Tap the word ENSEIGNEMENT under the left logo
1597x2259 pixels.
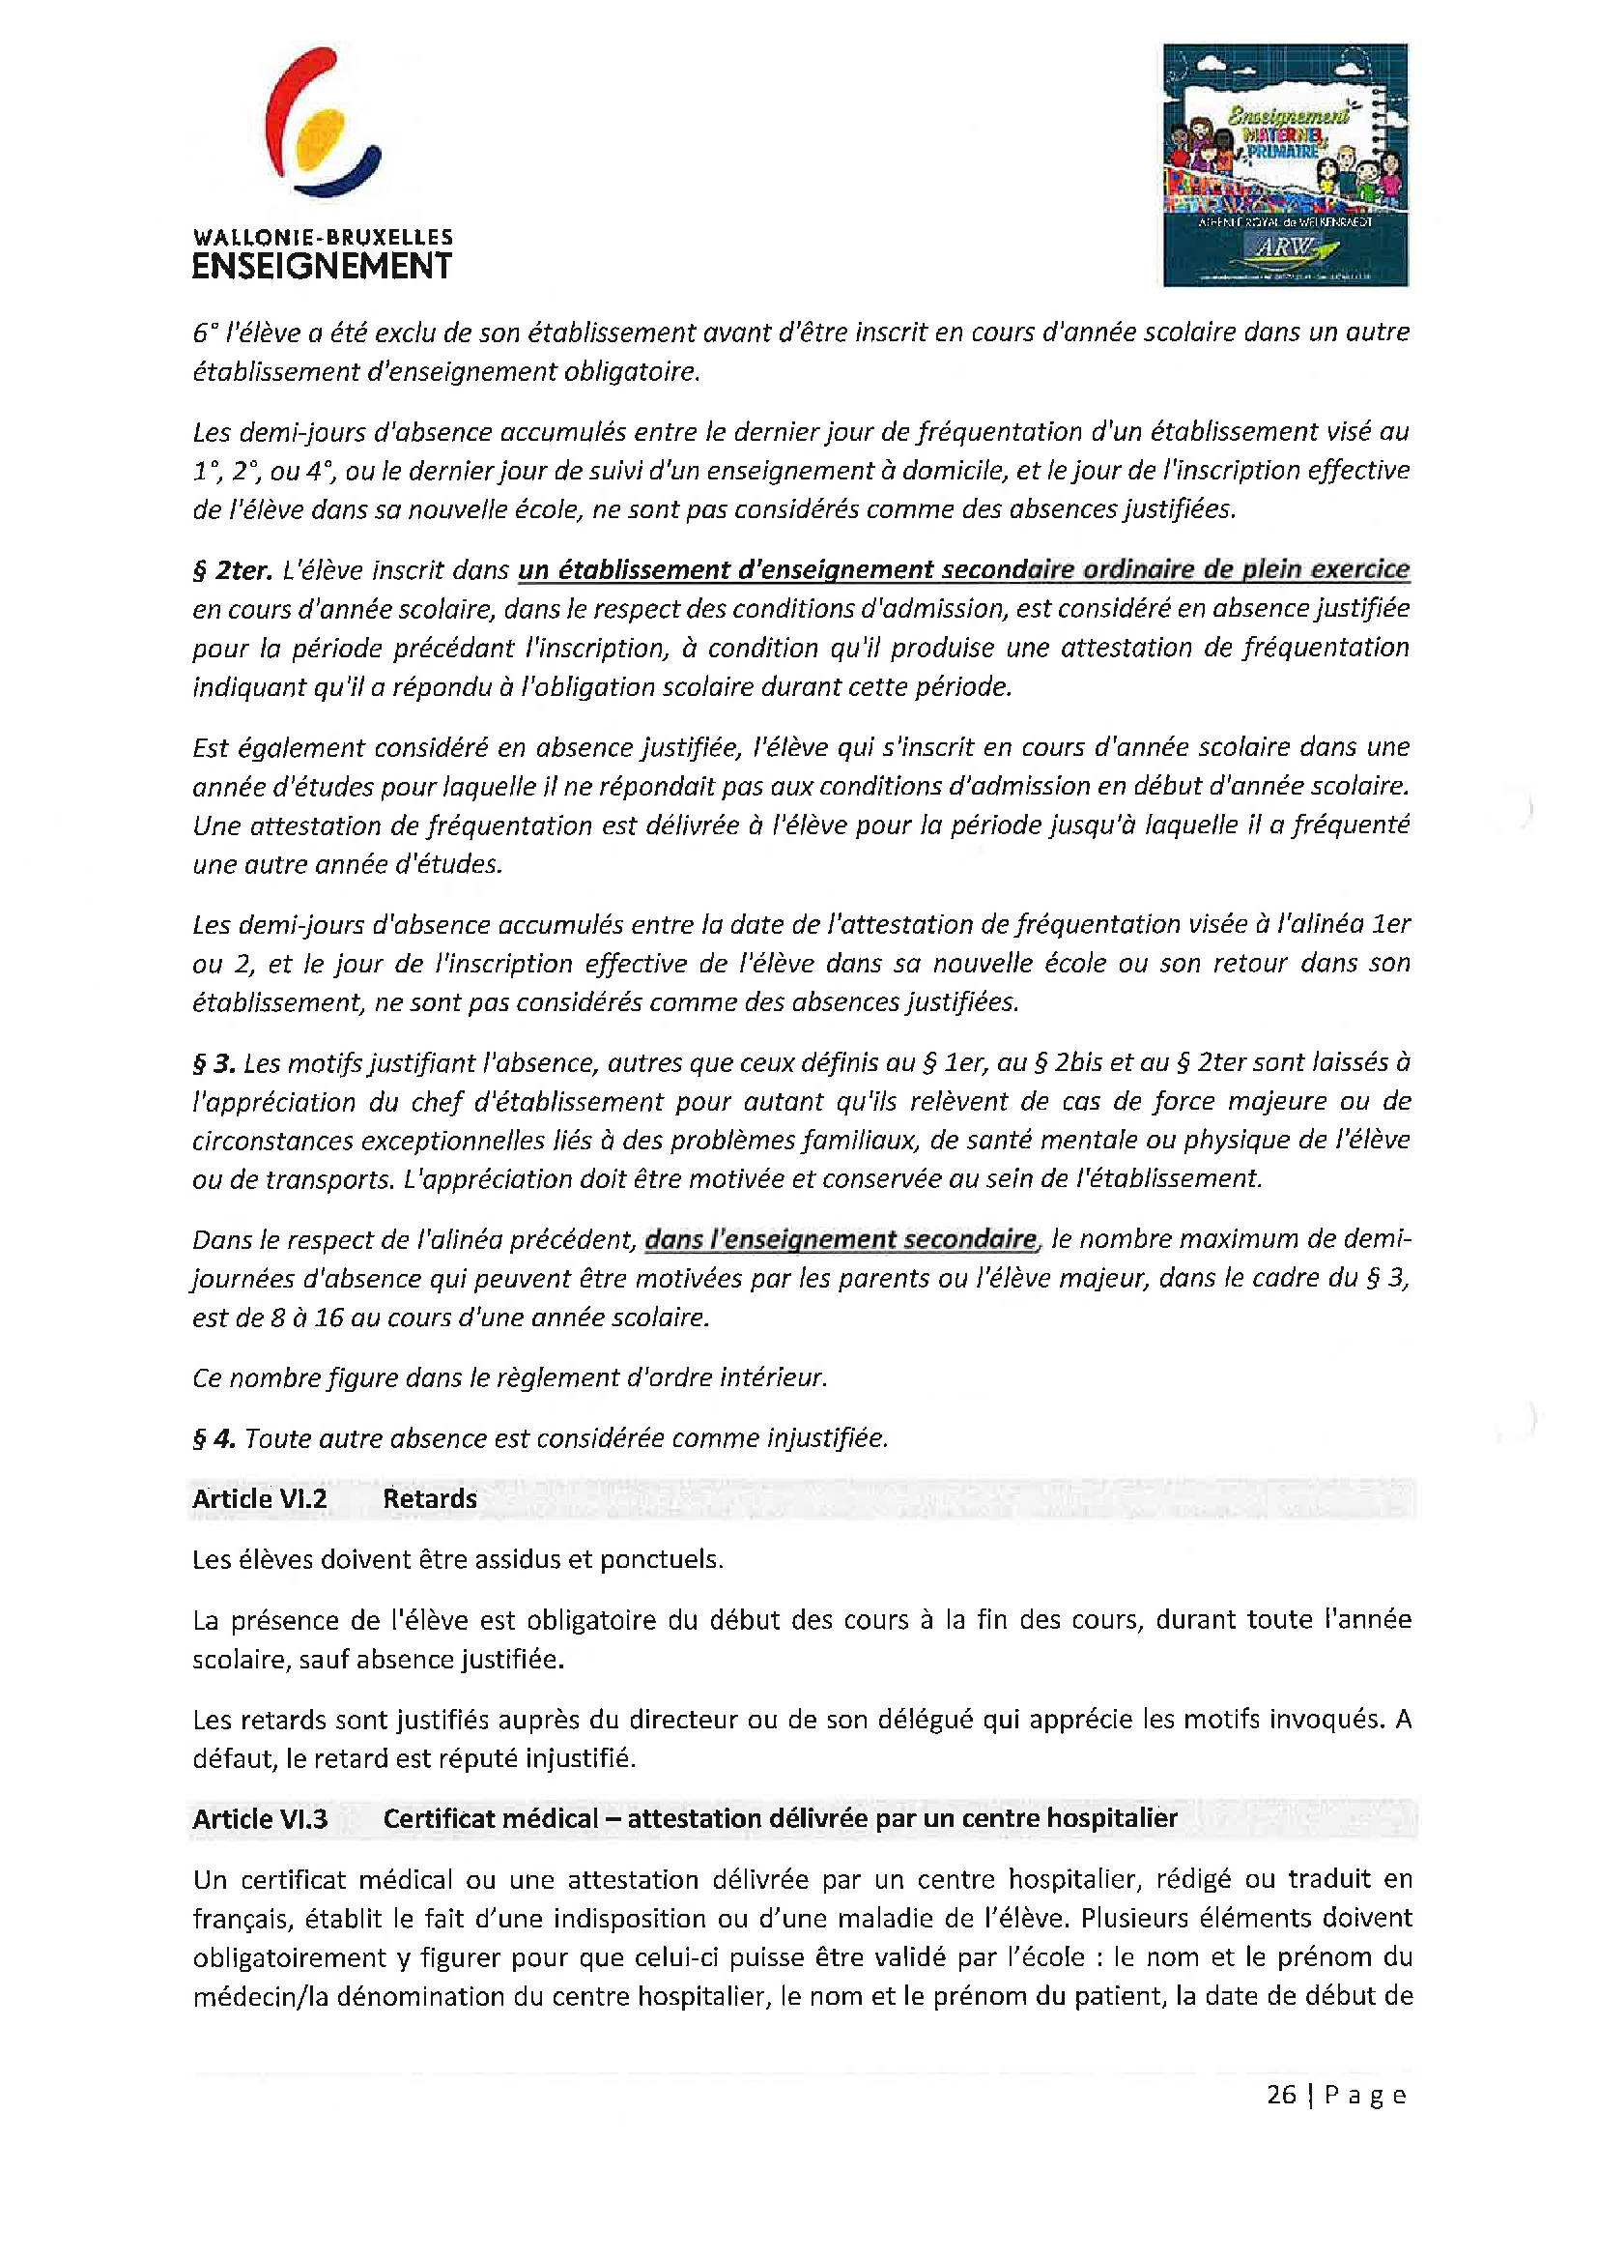[322, 267]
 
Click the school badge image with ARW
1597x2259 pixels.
[1284, 165]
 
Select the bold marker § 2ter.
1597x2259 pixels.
[232, 570]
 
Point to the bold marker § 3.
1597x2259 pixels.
[214, 1063]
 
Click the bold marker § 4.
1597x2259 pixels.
[214, 1438]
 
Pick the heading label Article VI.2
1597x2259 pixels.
[260, 1498]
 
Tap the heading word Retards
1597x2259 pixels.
[430, 1498]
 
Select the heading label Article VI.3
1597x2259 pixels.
[260, 1818]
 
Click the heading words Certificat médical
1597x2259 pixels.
[490, 1818]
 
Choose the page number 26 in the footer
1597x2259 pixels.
[1281, 2094]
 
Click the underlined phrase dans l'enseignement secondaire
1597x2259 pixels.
[841, 1239]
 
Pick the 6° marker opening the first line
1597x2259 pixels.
[205, 333]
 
